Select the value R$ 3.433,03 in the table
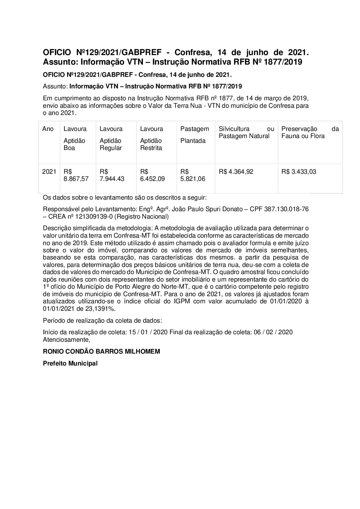(x=298, y=172)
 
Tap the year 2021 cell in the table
(x=49, y=172)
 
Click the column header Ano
(x=48, y=129)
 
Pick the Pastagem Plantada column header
(x=194, y=135)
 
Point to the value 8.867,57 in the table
(x=76, y=179)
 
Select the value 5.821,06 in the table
(x=193, y=179)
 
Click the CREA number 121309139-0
(x=101, y=217)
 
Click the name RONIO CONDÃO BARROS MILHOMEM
(x=101, y=352)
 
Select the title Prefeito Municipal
(x=70, y=363)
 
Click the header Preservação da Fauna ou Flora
(x=310, y=133)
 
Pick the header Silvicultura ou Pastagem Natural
(x=246, y=133)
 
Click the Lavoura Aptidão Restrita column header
(x=151, y=138)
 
